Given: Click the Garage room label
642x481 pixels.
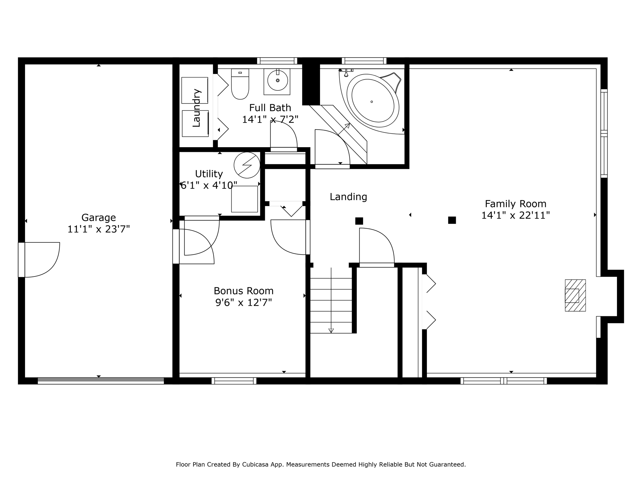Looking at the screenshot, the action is [x=98, y=217].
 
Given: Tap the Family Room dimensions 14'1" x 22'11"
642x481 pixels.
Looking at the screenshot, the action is [x=515, y=215].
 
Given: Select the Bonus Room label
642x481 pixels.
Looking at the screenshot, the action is [x=244, y=291].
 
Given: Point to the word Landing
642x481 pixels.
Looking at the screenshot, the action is [x=348, y=197].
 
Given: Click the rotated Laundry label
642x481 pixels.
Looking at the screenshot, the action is [x=196, y=108].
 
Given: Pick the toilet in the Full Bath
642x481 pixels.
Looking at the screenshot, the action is [x=240, y=84].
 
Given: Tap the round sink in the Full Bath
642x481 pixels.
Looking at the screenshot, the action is [x=277, y=80].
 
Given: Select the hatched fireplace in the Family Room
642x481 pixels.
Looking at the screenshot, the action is [x=575, y=295].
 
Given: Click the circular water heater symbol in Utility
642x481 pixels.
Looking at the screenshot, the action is [x=247, y=165].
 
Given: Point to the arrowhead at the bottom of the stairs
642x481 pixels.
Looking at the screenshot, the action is [x=331, y=331].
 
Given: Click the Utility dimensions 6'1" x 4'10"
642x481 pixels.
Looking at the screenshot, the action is [x=209, y=185].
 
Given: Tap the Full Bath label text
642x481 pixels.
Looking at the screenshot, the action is [x=270, y=108].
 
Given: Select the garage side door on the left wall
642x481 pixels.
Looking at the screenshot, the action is [x=39, y=260].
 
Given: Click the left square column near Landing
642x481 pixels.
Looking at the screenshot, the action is [x=359, y=221].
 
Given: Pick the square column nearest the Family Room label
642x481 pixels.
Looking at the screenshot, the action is [x=452, y=220].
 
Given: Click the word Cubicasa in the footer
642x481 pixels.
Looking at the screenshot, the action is [x=255, y=464].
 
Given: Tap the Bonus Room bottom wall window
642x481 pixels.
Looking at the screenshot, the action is [x=234, y=381].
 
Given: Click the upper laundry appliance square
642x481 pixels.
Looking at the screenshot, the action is [x=195, y=90].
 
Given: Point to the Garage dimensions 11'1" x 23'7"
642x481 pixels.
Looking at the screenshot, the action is [x=98, y=229].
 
